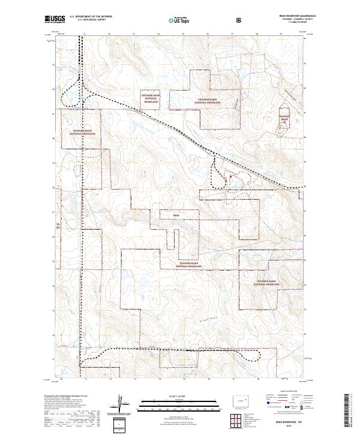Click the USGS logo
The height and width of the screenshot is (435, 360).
54,19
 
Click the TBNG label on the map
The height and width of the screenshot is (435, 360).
176,215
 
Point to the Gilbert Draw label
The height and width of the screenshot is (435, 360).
208,319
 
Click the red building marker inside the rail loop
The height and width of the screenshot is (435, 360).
227,175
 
